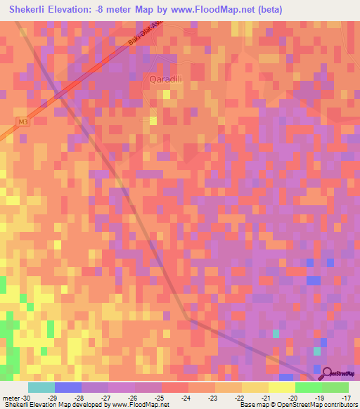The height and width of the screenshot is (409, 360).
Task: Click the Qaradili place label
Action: click(x=167, y=79)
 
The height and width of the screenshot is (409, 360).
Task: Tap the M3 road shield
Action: click(x=24, y=124)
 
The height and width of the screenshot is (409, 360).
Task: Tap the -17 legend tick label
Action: click(x=347, y=397)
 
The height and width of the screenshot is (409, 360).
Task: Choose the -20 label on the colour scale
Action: click(x=294, y=397)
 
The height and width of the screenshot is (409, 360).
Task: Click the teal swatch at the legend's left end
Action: click(x=41, y=387)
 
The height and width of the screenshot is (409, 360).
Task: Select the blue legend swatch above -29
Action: click(x=68, y=387)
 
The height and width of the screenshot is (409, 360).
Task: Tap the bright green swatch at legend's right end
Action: click(x=335, y=387)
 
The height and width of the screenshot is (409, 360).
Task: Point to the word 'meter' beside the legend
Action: click(x=12, y=397)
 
